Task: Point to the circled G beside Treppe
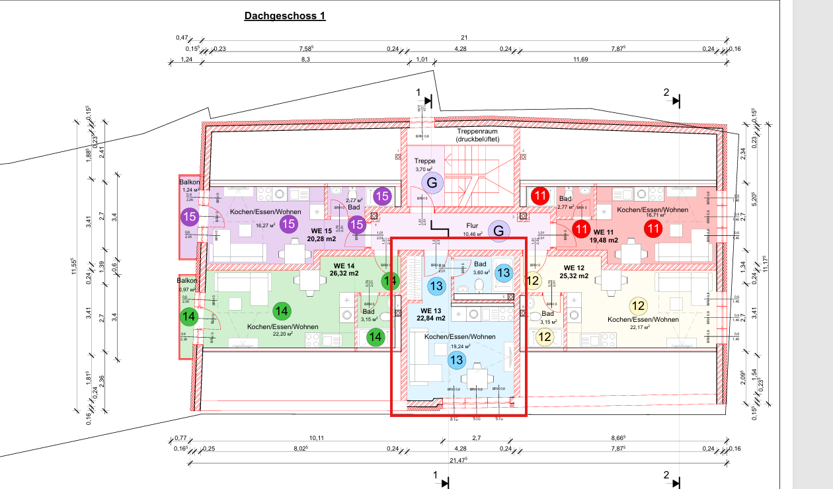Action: pos(432,182)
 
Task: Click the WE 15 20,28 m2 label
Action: pos(323,235)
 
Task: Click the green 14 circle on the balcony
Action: pos(190,317)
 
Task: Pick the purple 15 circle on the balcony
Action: pos(190,217)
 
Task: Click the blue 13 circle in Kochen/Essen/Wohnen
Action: pos(456,360)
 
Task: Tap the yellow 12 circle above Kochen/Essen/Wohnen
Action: pos(639,306)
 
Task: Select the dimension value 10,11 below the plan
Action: pos(317,438)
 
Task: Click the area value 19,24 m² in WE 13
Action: pos(459,346)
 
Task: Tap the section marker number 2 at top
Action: pos(666,93)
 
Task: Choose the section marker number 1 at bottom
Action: pos(435,474)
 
